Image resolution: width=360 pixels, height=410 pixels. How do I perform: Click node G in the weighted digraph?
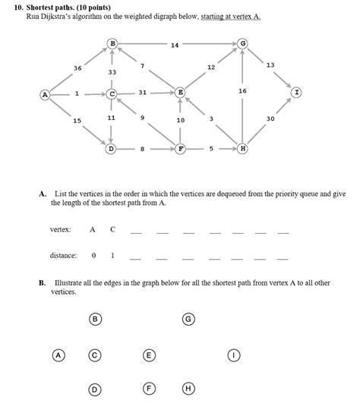pyautogui.click(x=242, y=43)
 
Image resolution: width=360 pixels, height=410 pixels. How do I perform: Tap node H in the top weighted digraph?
pyautogui.click(x=242, y=148)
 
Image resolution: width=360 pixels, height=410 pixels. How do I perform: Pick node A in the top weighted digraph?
pyautogui.click(x=45, y=94)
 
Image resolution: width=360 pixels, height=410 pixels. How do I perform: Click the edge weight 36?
pyautogui.click(x=77, y=68)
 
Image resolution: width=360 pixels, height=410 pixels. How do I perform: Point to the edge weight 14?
pyautogui.click(x=175, y=45)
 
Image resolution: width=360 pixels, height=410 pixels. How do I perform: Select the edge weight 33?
pyautogui.click(x=112, y=71)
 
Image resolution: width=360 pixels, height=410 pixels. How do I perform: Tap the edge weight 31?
pyautogui.click(x=142, y=93)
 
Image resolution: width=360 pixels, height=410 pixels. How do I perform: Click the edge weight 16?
pyautogui.click(x=242, y=90)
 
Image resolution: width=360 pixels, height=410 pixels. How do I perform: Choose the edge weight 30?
pyautogui.click(x=270, y=119)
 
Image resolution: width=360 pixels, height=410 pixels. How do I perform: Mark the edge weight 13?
pyautogui.click(x=270, y=65)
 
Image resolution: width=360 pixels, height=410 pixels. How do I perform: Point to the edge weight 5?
pyautogui.click(x=211, y=148)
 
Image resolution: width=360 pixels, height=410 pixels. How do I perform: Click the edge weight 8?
pyautogui.click(x=142, y=149)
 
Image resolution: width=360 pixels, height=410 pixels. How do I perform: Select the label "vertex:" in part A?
pyautogui.click(x=61, y=229)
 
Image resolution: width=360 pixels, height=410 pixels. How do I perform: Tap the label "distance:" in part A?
pyautogui.click(x=64, y=256)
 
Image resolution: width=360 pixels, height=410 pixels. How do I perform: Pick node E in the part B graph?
pyautogui.click(x=149, y=355)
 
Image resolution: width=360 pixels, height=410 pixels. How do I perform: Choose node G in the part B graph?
pyautogui.click(x=188, y=319)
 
